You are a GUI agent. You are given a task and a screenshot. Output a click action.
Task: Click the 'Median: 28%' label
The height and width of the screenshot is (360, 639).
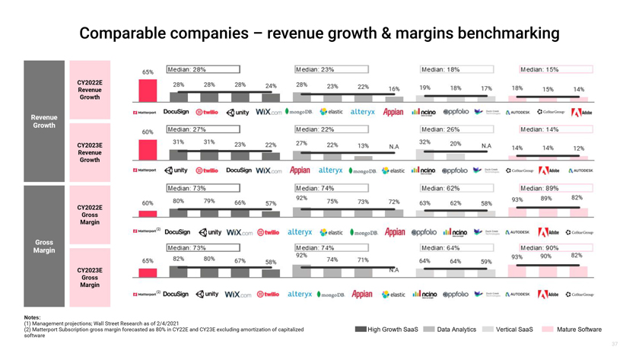point(187,69)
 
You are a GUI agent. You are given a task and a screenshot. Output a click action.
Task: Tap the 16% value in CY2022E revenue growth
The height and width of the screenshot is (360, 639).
point(393,89)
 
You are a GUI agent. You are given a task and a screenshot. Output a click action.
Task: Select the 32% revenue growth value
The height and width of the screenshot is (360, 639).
point(424,142)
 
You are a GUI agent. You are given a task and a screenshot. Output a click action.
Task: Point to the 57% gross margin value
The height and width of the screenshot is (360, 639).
point(271,203)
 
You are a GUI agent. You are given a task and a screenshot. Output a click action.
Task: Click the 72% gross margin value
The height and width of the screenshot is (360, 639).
point(393,202)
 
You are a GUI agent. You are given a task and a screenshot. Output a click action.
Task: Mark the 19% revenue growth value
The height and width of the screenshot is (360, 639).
point(424,88)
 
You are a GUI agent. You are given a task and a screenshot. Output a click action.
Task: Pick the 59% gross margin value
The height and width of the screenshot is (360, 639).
point(486,262)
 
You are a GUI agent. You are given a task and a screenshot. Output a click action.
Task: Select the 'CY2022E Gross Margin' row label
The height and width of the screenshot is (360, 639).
point(89,215)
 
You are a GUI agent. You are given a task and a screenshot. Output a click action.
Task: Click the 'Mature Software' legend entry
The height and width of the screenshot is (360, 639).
point(578,330)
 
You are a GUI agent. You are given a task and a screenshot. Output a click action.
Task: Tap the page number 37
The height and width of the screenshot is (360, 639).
point(615,345)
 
